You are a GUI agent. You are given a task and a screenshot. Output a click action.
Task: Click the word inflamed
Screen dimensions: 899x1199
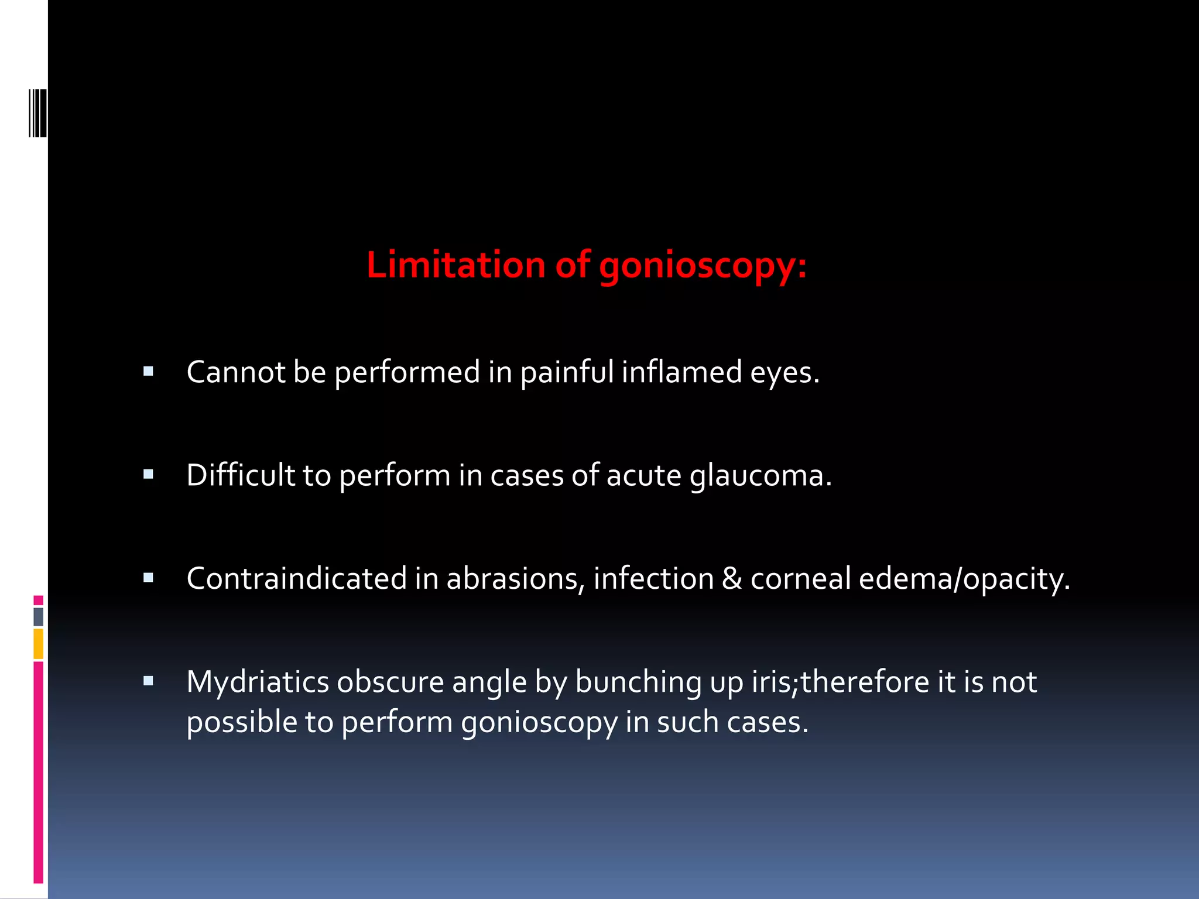pyautogui.click(x=681, y=372)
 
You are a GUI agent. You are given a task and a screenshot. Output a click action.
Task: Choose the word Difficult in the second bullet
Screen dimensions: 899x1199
pyautogui.click(x=241, y=475)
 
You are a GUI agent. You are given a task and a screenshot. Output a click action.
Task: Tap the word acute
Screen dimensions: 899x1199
pyautogui.click(x=644, y=475)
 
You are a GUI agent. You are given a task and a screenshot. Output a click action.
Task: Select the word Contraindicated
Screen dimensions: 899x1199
pyautogui.click(x=296, y=579)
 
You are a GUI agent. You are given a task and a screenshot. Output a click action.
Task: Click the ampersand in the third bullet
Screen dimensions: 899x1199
pyautogui.click(x=732, y=579)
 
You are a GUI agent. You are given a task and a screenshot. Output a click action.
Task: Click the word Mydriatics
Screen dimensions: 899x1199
pyautogui.click(x=258, y=682)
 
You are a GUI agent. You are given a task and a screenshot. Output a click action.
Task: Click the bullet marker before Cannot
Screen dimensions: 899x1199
pyautogui.click(x=148, y=371)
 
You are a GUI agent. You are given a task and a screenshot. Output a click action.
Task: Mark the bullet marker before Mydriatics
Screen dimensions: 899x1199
pyautogui.click(x=148, y=681)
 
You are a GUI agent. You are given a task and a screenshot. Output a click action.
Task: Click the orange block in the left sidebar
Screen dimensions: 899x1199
pyautogui.click(x=38, y=644)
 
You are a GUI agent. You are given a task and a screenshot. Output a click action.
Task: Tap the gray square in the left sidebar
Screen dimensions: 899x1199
pyautogui.click(x=38, y=616)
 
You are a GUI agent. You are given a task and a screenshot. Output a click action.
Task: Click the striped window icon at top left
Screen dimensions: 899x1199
pyautogui.click(x=38, y=112)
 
